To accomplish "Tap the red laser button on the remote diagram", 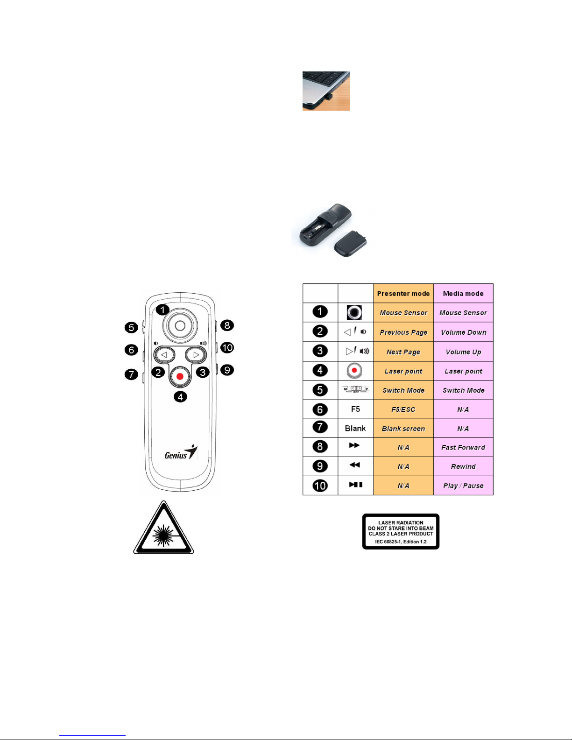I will pos(180,376).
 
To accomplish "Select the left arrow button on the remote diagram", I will pos(164,355).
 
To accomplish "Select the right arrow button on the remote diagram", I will pos(196,355).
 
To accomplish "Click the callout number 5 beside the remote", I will pos(132,327).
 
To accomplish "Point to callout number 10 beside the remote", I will pos(227,348).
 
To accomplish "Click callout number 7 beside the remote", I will pos(131,374).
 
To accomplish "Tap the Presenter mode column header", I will pos(403,294).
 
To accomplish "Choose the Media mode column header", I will pos(463,294).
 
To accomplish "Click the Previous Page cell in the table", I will pos(403,332).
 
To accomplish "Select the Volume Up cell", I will pos(463,352).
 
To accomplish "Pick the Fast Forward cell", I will pos(463,447).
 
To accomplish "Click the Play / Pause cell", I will pos(463,486).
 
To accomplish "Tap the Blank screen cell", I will pos(403,429).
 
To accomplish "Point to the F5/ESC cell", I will pos(403,409).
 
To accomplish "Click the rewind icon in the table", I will pos(355,465).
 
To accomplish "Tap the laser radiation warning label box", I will pos(401,532).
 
